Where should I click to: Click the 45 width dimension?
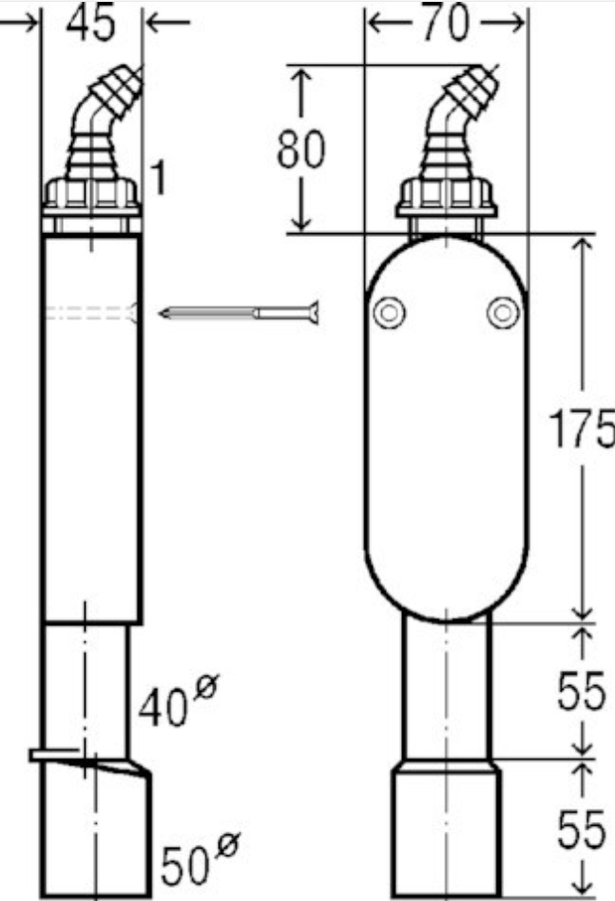click(x=90, y=24)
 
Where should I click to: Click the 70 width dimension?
click(x=446, y=23)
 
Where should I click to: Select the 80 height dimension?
click(x=301, y=148)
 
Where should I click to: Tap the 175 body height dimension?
click(x=581, y=428)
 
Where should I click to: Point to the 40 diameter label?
click(x=163, y=707)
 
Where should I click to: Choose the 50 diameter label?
click(x=185, y=866)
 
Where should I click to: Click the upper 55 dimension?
click(x=581, y=690)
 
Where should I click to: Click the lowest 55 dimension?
click(x=581, y=830)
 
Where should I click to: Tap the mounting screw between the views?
click(x=239, y=313)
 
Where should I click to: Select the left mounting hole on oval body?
click(x=389, y=313)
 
